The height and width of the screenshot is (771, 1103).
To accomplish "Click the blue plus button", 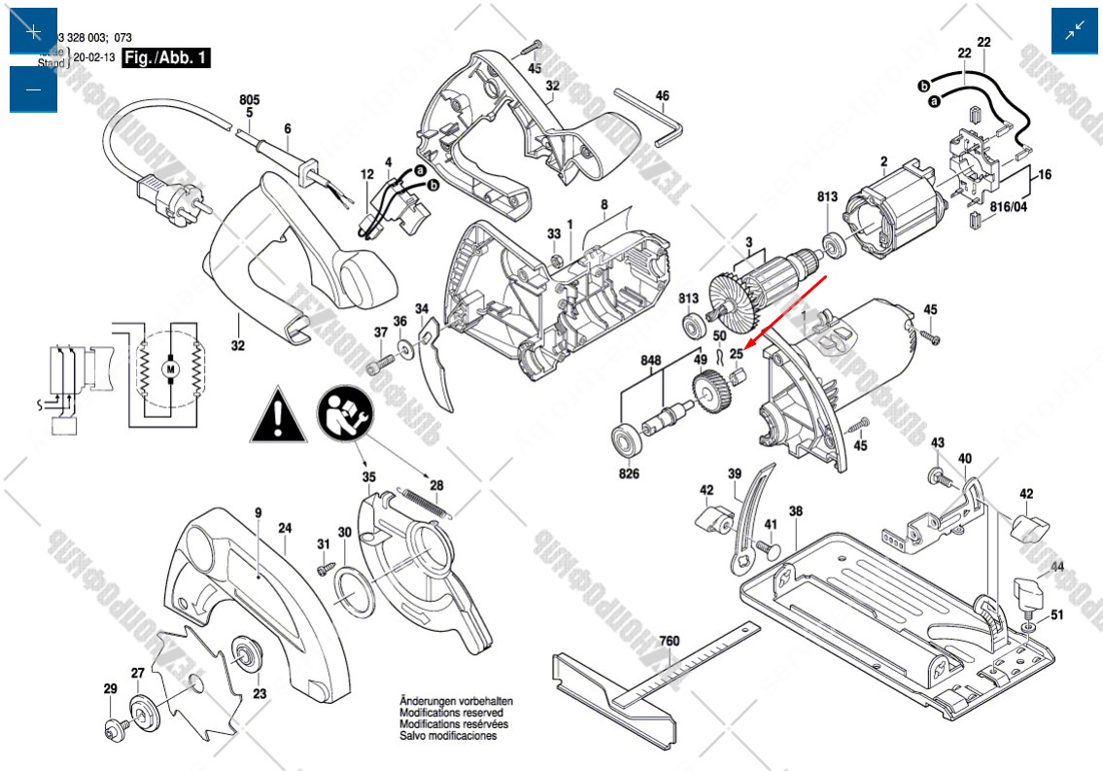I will tap(33, 31).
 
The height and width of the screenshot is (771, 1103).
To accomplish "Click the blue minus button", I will tap(33, 89).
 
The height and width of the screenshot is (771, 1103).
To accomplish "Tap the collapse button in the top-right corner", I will tap(1075, 31).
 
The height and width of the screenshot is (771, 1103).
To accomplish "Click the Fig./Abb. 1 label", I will tap(166, 58).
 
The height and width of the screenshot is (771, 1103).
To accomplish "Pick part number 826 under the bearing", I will tap(630, 474).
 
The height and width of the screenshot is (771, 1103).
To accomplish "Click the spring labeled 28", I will tap(426, 503).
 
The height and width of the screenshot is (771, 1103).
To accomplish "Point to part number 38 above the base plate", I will tap(795, 511).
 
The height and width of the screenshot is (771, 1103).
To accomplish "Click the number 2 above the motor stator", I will tap(883, 161).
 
